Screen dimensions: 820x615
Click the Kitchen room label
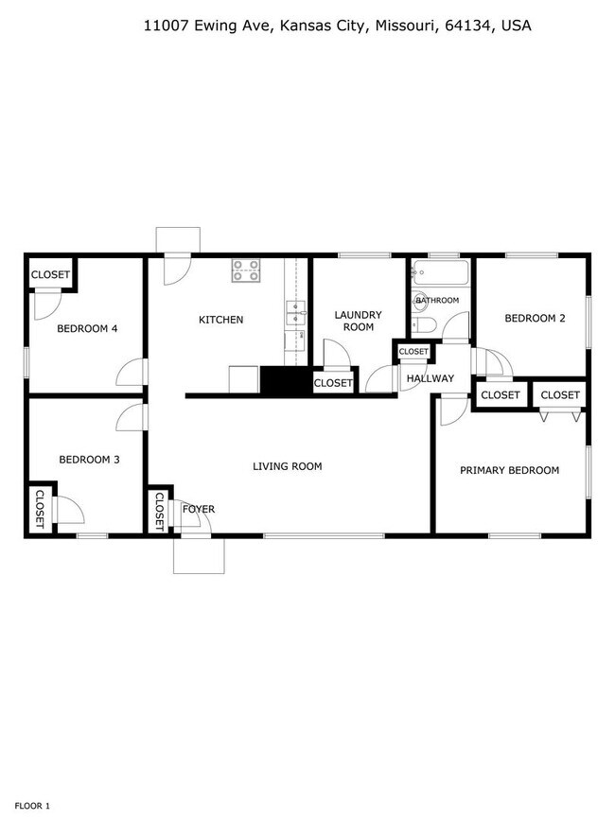click(220, 320)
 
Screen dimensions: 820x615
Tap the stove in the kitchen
click(247, 271)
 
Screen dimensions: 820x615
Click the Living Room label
click(287, 466)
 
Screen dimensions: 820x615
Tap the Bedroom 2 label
click(535, 319)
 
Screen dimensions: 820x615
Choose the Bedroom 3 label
click(89, 461)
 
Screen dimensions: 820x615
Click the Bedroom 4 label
click(87, 329)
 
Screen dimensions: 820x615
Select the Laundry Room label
click(359, 321)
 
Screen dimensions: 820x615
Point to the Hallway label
click(430, 379)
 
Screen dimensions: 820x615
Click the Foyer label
click(199, 510)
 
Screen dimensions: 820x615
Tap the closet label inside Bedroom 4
click(50, 275)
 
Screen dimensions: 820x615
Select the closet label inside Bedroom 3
click(41, 510)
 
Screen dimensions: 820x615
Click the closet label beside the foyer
click(159, 512)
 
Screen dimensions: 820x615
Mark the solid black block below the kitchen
click(286, 381)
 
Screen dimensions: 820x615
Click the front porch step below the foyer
click(198, 557)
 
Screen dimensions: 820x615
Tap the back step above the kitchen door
click(178, 239)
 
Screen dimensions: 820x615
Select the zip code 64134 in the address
click(469, 26)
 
